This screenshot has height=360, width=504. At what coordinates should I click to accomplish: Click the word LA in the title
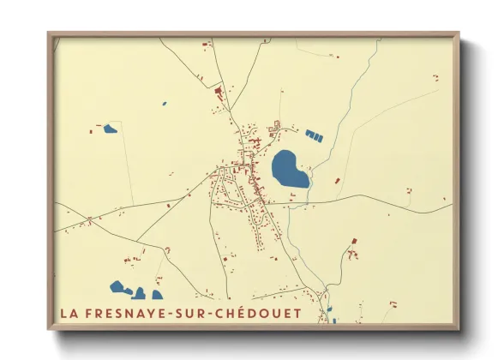pos(69,313)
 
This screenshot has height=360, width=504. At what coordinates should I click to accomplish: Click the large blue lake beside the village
pos(290,169)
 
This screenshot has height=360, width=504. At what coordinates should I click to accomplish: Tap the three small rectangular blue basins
pos(315,135)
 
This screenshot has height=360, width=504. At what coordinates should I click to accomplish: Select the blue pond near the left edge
pos(110,129)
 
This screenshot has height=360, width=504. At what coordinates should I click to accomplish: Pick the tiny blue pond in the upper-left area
pos(164,104)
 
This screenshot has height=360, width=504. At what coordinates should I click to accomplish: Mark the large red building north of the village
pos(218,90)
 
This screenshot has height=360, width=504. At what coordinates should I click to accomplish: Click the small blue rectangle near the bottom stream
pos(329,309)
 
